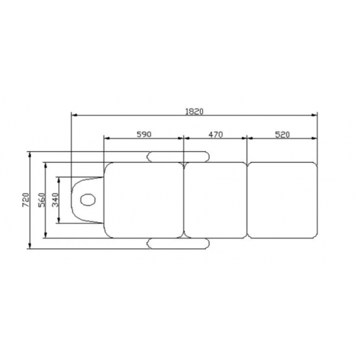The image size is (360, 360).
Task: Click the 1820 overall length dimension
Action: pyautogui.click(x=194, y=112)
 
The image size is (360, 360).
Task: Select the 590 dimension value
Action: pyautogui.click(x=144, y=135)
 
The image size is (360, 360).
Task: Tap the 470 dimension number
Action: pyautogui.click(x=215, y=135)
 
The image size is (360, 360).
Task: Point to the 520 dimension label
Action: pyautogui.click(x=282, y=135)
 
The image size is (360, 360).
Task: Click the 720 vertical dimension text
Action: pyautogui.click(x=26, y=200)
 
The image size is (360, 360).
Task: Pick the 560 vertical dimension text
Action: pyautogui.click(x=42, y=200)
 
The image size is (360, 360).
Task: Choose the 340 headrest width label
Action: pyautogui.click(x=55, y=200)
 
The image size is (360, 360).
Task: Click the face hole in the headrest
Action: pyautogui.click(x=87, y=199)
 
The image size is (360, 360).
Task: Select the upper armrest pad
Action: pyautogui.click(x=178, y=157)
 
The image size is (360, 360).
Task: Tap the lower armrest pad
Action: pyautogui.click(x=178, y=243)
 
